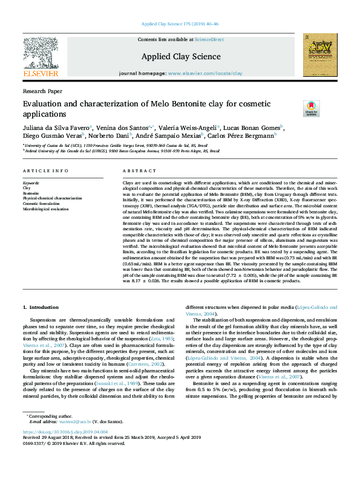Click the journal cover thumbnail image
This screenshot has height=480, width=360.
click(x=320, y=54)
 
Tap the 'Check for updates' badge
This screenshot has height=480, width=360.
click(x=311, y=108)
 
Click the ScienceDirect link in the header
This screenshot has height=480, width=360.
click(x=209, y=39)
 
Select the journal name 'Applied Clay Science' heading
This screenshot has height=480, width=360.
click(x=180, y=56)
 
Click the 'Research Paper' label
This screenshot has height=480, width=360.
click(x=42, y=91)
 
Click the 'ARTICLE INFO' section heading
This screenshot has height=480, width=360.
click(x=45, y=172)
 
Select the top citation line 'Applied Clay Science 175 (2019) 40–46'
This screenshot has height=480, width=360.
click(x=180, y=24)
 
